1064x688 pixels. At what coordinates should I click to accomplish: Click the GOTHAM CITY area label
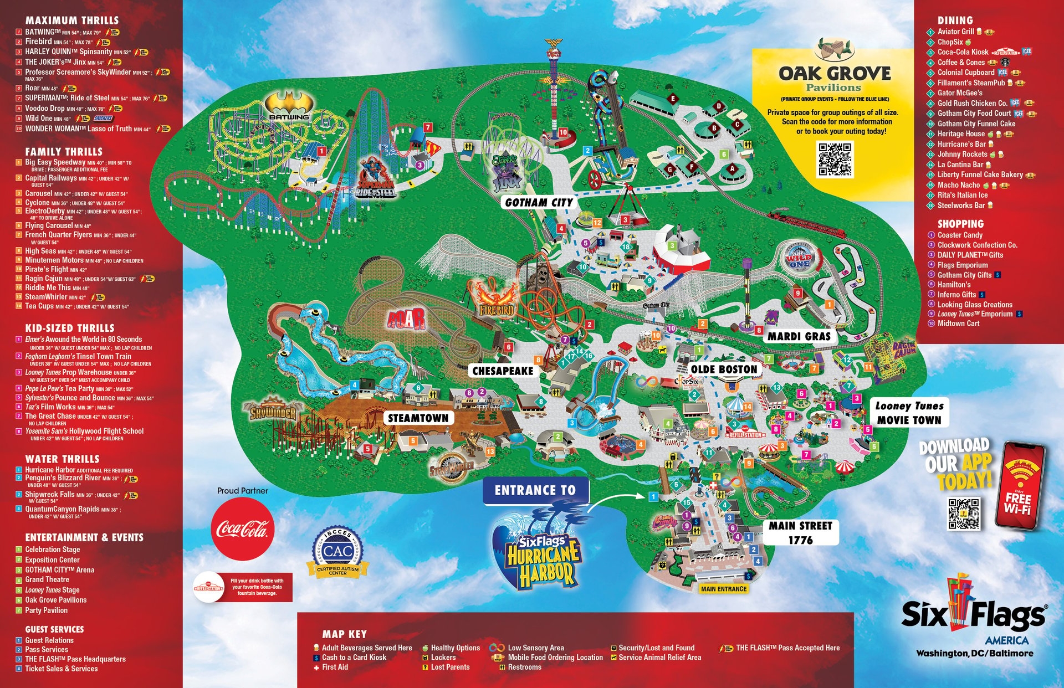click(539, 203)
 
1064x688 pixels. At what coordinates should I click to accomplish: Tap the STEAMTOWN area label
click(418, 418)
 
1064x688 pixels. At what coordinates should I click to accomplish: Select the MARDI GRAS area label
click(799, 336)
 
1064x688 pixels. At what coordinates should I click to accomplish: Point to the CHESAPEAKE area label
click(502, 371)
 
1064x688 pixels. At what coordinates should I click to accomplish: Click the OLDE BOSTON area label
click(724, 369)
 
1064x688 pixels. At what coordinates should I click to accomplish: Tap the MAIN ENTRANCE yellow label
click(723, 589)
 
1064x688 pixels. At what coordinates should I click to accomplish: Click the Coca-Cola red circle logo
click(242, 529)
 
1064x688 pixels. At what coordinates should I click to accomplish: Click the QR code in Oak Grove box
click(835, 158)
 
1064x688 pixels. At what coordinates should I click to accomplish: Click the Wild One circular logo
click(799, 258)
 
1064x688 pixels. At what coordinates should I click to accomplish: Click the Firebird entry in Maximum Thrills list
click(39, 42)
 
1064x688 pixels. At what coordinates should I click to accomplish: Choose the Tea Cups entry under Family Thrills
click(39, 306)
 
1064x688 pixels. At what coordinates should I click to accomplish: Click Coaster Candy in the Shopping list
click(959, 235)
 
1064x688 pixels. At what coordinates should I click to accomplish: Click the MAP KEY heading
click(344, 634)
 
